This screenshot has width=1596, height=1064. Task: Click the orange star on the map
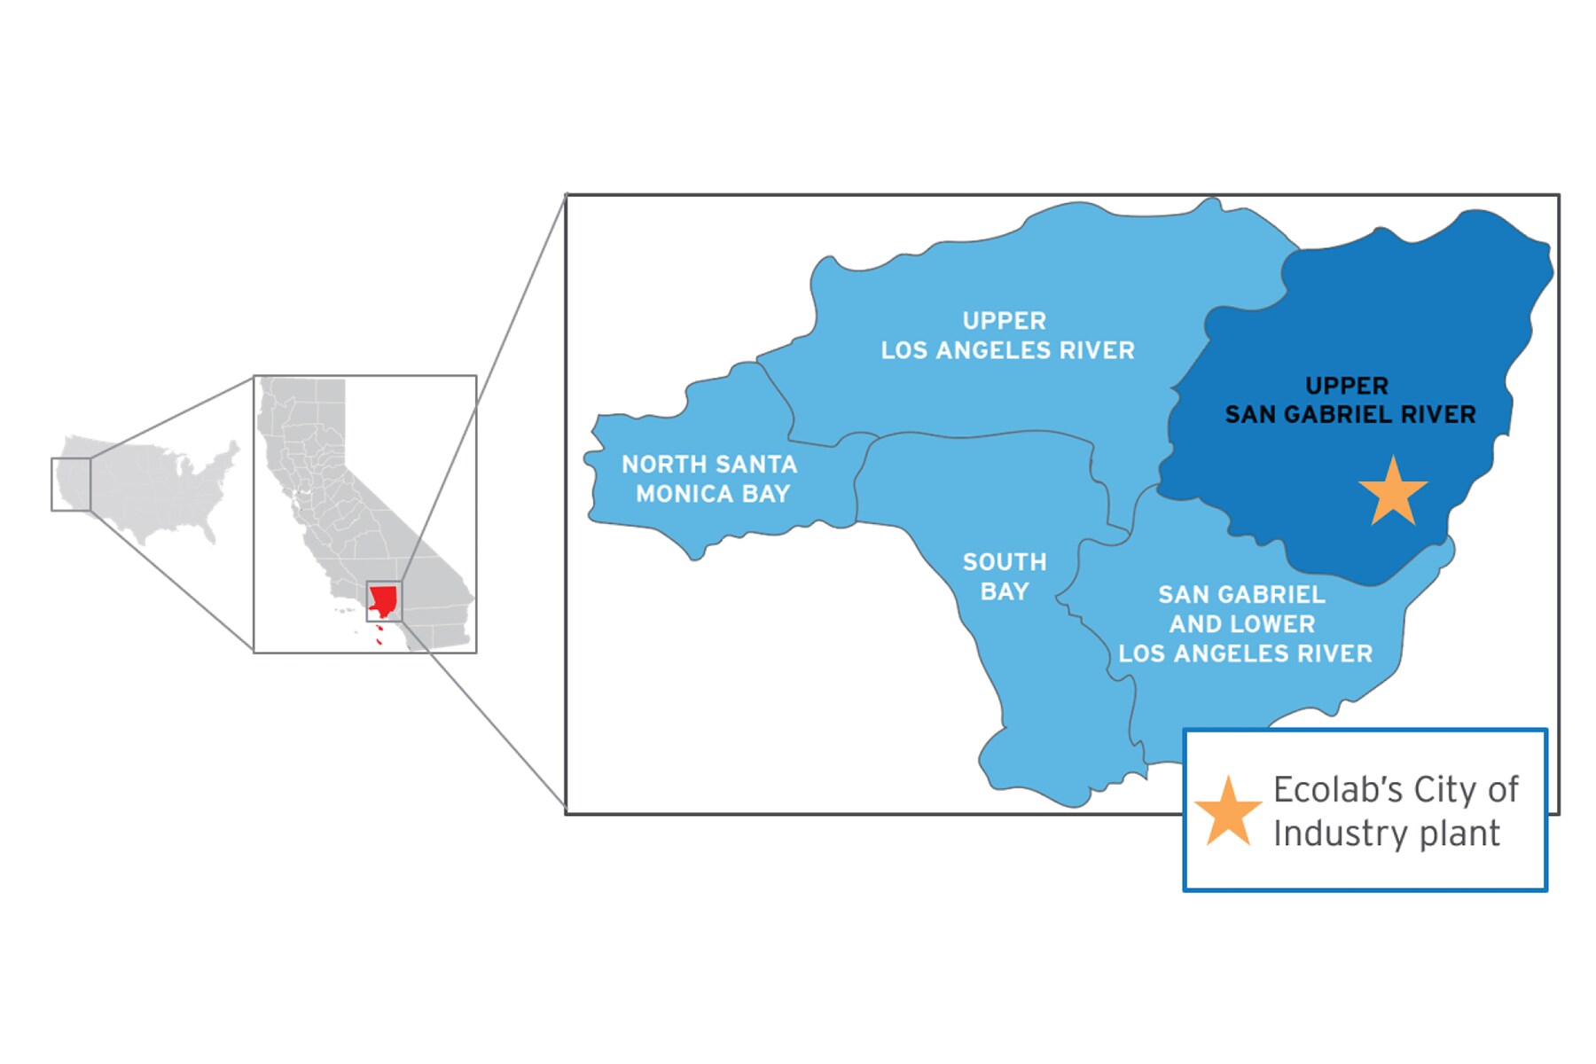(1393, 492)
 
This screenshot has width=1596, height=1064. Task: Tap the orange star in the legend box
(1228, 812)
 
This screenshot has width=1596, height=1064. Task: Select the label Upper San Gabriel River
(1350, 400)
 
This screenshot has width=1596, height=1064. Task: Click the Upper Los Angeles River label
(1007, 335)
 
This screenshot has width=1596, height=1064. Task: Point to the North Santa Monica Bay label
(710, 479)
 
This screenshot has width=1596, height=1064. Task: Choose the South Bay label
(1005, 576)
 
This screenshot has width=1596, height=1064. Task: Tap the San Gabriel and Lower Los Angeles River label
(1244, 624)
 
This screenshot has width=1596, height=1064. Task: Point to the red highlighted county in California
(383, 600)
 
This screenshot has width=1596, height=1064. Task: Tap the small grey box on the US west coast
(71, 484)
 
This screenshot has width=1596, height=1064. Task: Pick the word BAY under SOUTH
(1005, 591)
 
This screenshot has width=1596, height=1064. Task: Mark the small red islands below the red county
(379, 634)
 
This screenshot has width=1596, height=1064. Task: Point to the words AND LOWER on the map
(1242, 624)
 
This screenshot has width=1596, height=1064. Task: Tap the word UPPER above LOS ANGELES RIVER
(1005, 321)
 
